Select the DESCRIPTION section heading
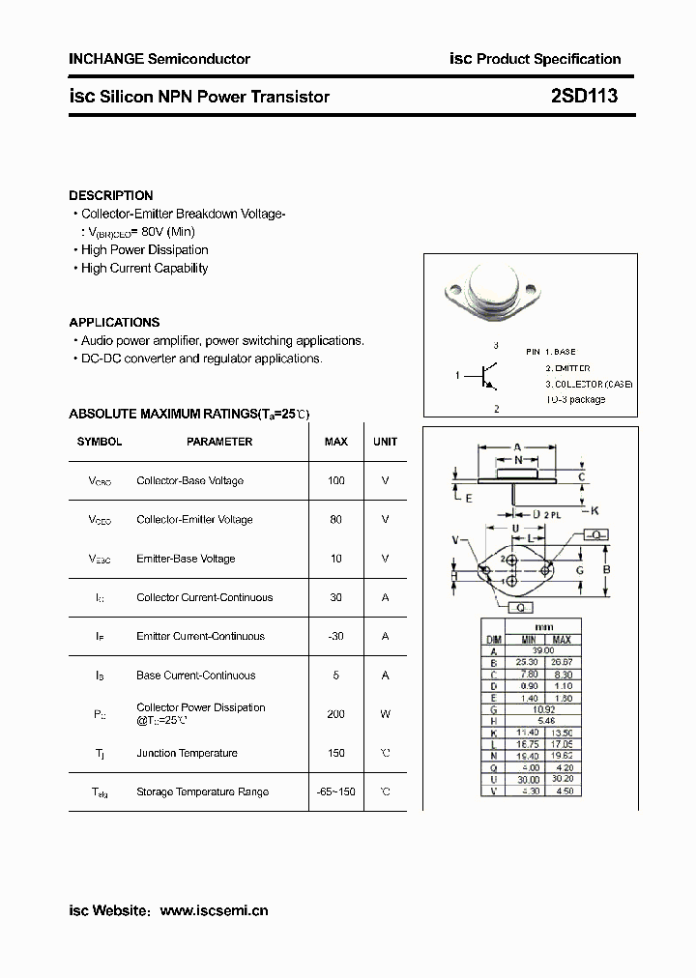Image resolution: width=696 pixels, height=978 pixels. [x=110, y=195]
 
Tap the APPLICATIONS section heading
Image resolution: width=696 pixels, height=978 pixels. [x=114, y=323]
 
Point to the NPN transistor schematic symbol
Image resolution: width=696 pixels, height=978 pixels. [x=486, y=376]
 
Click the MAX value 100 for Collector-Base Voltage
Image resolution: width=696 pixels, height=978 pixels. [x=335, y=480]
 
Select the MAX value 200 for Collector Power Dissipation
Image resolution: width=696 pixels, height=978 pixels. [x=335, y=714]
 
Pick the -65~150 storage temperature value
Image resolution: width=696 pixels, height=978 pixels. [x=335, y=792]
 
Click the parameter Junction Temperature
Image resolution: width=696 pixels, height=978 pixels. [x=187, y=754]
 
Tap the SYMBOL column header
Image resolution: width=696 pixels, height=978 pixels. [x=100, y=442]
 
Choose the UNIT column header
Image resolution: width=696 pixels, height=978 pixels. [x=385, y=442]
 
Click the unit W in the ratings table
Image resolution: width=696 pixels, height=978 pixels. [x=385, y=714]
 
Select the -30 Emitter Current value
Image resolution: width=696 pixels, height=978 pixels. [x=335, y=637]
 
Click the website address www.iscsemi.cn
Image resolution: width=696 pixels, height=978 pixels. [x=214, y=910]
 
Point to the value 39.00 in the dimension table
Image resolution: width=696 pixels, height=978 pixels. [x=544, y=652]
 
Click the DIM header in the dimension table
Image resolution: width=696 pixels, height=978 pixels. [x=493, y=640]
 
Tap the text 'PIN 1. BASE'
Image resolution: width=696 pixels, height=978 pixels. [x=550, y=353]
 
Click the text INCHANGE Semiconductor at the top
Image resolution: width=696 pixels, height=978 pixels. [x=159, y=59]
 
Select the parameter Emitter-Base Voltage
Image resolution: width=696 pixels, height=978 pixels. [x=186, y=559]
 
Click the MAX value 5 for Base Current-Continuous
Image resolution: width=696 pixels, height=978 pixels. [x=335, y=676]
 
